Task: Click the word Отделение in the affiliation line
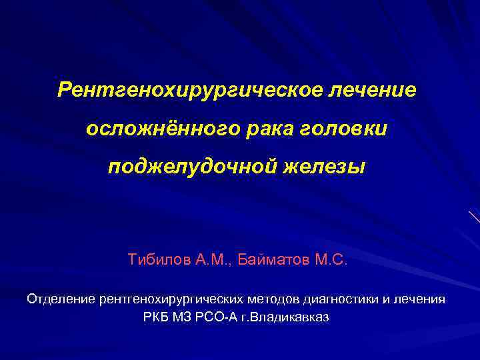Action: pos(61,299)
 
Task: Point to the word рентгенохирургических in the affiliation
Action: pos(170,299)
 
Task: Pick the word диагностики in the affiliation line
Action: pos(340,299)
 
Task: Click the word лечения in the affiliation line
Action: pos(420,299)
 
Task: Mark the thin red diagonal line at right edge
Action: pos(474,217)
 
